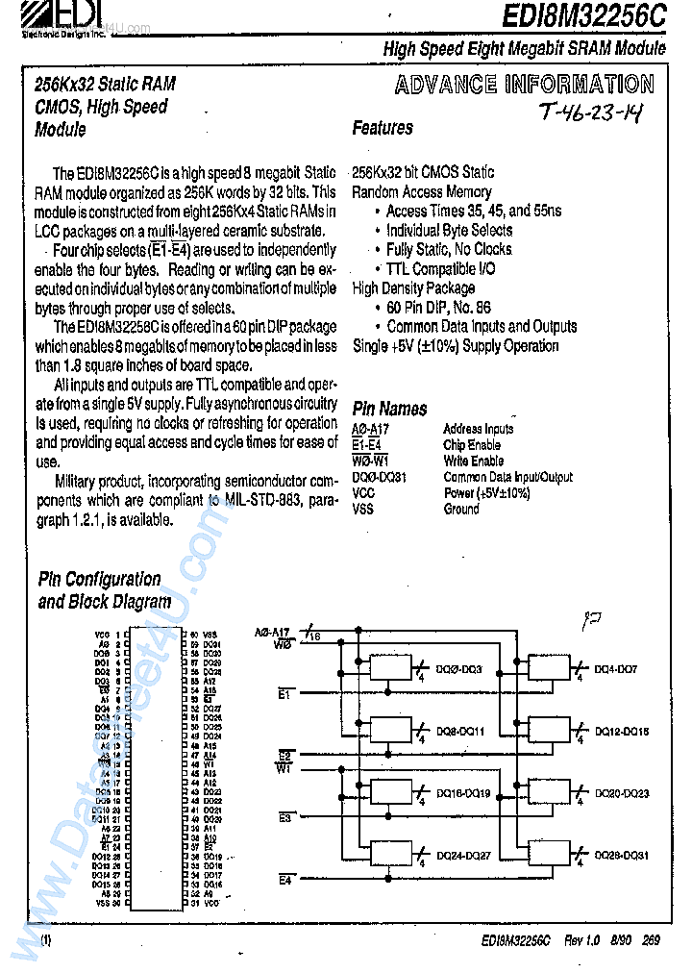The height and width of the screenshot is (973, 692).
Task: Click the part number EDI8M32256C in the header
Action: [x=582, y=17]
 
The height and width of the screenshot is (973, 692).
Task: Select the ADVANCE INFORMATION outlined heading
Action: [x=524, y=85]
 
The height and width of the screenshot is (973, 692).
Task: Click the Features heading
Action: [x=382, y=128]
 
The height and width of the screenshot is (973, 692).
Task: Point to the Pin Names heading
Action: [x=389, y=409]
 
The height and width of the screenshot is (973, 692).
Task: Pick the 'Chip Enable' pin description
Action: [x=472, y=445]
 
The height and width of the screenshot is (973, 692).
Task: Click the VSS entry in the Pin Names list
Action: [x=363, y=509]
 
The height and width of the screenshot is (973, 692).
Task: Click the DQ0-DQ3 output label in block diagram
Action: [x=459, y=669]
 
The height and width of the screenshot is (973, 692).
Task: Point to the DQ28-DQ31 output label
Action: [x=622, y=855]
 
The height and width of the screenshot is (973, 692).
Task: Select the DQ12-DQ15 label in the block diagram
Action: [x=622, y=732]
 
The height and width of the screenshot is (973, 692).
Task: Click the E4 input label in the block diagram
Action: [x=284, y=880]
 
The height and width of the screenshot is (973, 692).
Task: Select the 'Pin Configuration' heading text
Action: [x=99, y=579]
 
